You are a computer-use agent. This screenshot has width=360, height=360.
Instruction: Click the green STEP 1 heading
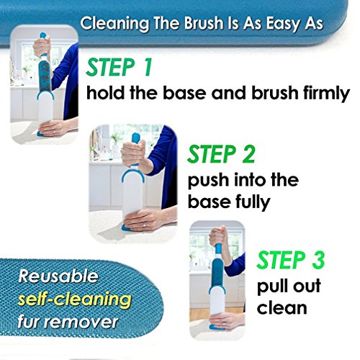[x=119, y=67]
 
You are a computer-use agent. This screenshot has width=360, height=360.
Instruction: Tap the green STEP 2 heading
[x=221, y=154]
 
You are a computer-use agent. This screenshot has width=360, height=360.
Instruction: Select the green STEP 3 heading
[x=290, y=260]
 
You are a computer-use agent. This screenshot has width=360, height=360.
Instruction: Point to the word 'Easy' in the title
[x=285, y=24]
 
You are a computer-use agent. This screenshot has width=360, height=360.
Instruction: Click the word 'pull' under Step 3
[x=271, y=286]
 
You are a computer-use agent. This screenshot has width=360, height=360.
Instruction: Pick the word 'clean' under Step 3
[x=282, y=307]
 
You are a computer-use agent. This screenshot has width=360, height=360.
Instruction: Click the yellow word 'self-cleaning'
[x=75, y=300]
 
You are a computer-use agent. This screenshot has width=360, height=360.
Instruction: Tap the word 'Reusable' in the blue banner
[x=58, y=276]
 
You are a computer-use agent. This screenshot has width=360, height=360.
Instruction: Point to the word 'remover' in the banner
[x=84, y=322]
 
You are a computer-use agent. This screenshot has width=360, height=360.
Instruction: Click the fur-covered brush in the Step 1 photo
[x=45, y=74]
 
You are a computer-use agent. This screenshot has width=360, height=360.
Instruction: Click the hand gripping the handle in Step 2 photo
[x=132, y=153]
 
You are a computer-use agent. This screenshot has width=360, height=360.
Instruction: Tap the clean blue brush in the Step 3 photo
[x=217, y=270]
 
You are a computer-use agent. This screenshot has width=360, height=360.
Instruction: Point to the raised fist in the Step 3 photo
[x=218, y=236]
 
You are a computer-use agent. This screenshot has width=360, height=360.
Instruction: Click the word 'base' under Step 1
[x=184, y=93]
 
